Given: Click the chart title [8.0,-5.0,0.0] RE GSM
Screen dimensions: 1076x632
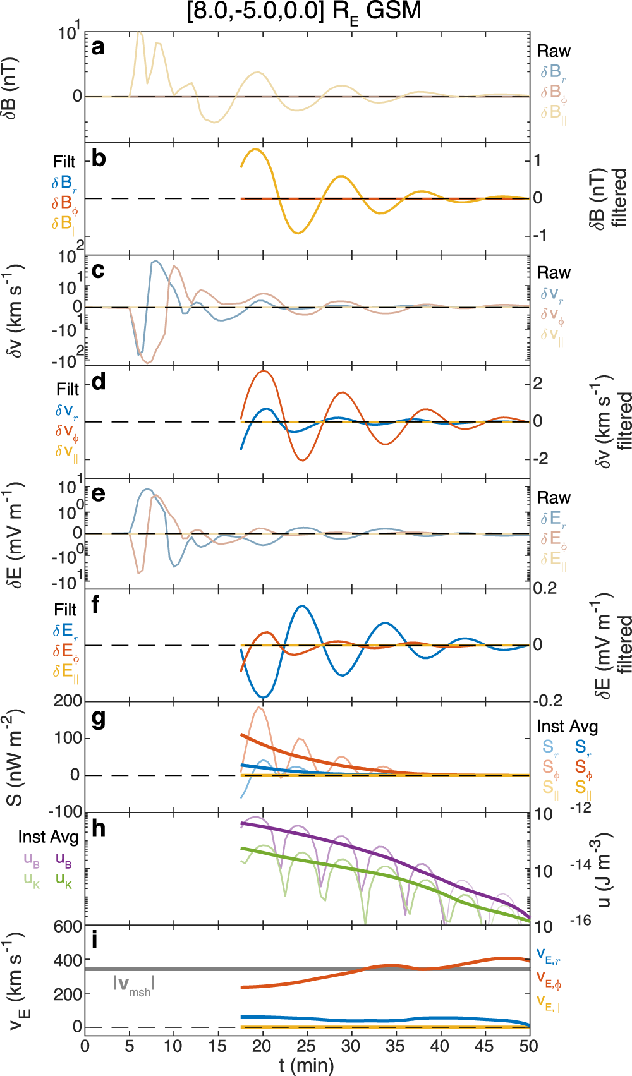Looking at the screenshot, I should coord(304,11).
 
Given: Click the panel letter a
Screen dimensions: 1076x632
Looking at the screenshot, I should coord(98,47).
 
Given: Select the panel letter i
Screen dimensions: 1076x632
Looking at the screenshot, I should coord(95,940).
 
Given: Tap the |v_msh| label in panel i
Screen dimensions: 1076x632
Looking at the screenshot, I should coord(134,984).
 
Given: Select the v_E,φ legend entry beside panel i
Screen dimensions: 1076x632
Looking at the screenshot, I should coord(549,979).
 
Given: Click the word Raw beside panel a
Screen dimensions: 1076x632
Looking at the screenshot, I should coord(554,51).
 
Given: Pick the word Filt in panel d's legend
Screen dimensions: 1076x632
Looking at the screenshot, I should coord(68,389).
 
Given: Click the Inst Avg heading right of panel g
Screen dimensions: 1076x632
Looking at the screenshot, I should coord(567,727).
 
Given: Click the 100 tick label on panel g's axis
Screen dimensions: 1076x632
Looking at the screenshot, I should coord(68,738).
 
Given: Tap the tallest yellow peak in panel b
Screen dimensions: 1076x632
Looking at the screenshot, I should coord(255,150).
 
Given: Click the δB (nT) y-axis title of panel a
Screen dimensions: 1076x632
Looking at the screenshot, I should coord(10,88).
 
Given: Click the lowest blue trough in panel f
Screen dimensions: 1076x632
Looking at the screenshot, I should coord(264,697).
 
